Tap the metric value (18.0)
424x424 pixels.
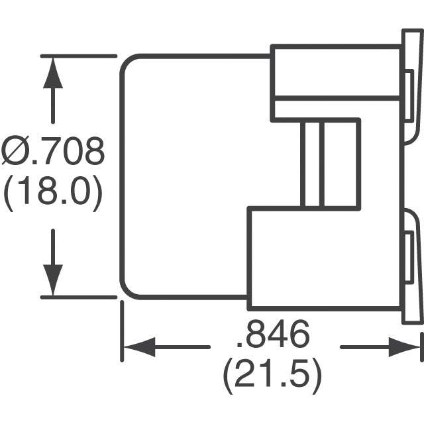pyautogui.click(x=53, y=195)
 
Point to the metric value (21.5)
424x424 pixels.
pyautogui.click(x=272, y=376)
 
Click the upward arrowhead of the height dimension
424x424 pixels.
pyautogui.click(x=52, y=73)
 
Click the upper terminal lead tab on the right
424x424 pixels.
pyautogui.click(x=413, y=86)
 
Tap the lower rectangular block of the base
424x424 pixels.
pyautogui.click(x=325, y=258)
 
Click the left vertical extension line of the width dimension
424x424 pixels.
pyautogui.click(x=121, y=331)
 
